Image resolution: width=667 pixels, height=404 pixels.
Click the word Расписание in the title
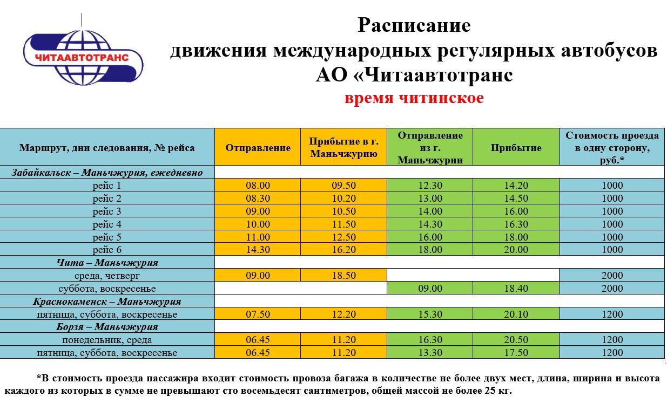pyautogui.click(x=414, y=25)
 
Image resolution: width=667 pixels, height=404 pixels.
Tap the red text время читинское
pyautogui.click(x=414, y=98)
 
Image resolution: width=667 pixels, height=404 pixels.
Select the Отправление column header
pyautogui.click(x=258, y=147)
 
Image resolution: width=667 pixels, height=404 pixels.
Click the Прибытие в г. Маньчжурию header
pyautogui.click(x=343, y=147)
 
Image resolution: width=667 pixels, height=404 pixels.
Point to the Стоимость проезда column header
pyautogui.click(x=611, y=147)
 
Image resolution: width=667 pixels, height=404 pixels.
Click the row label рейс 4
pyautogui.click(x=107, y=224)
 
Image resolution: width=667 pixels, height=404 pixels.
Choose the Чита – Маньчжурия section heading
pyautogui.click(x=107, y=263)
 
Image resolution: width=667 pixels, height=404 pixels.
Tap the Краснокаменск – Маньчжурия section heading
pyautogui.click(x=107, y=302)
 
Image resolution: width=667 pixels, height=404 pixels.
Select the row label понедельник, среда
pyautogui.click(x=107, y=340)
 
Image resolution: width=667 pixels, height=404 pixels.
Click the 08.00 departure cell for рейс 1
pyautogui.click(x=258, y=186)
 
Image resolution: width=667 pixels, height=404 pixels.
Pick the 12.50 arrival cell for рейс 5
pyautogui.click(x=343, y=237)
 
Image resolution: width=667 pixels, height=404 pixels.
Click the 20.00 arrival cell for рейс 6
pyautogui.click(x=516, y=250)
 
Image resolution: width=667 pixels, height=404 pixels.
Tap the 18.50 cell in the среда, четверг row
pyautogui.click(x=343, y=276)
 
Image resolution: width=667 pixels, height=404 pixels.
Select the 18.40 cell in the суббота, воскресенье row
pyautogui.click(x=516, y=289)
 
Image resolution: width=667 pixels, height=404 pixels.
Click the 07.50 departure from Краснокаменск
pyautogui.click(x=258, y=314)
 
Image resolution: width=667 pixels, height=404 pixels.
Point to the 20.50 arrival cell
pyautogui.click(x=516, y=340)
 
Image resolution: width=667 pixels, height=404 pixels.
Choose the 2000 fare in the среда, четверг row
pyautogui.click(x=611, y=276)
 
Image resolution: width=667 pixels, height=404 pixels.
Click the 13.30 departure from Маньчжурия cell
pyautogui.click(x=430, y=353)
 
